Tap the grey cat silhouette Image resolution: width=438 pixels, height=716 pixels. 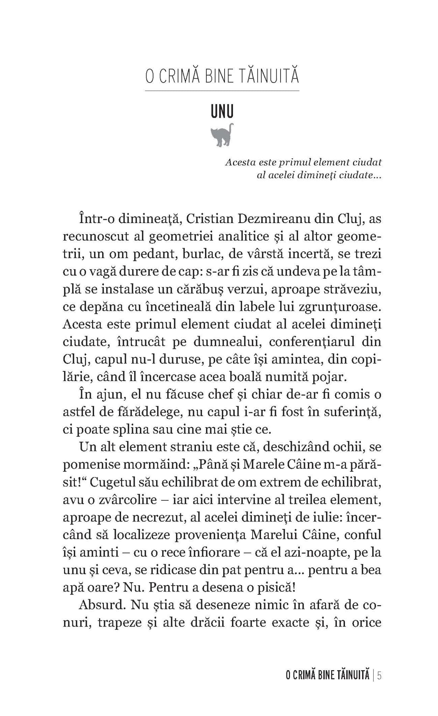222,135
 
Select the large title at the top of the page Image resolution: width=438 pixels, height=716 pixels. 222,77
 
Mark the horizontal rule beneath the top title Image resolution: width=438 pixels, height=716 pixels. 222,91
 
